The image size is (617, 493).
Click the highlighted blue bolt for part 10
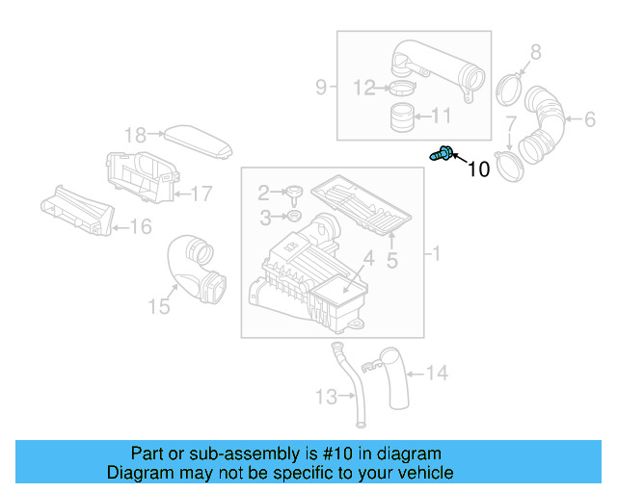pos(443,152)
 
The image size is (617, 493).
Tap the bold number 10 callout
pos(478,169)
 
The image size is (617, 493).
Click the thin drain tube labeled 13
pos(352,385)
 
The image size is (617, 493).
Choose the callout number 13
pos(325,396)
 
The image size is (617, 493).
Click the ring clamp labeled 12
pos(401,90)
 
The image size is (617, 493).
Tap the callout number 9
pos(321,88)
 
